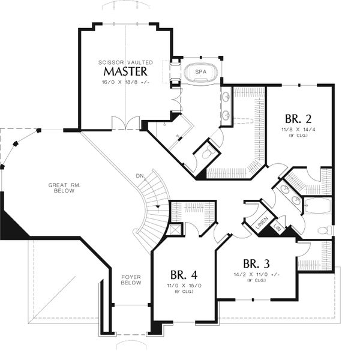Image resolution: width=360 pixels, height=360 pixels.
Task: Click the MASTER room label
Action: [x=125, y=71]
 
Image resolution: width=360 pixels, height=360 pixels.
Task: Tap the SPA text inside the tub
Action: [x=200, y=72]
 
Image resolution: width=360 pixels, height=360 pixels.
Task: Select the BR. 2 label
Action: [x=298, y=119]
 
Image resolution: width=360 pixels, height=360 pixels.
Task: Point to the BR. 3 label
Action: [x=256, y=264]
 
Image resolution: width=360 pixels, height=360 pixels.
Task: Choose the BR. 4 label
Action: [x=184, y=275]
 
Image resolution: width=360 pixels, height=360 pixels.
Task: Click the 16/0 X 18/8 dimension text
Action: [x=125, y=82]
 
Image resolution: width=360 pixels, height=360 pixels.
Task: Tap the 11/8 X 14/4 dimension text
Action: [x=298, y=130]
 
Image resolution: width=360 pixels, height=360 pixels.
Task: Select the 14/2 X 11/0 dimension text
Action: [x=256, y=274]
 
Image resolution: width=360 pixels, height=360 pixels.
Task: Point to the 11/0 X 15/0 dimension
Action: [x=184, y=286]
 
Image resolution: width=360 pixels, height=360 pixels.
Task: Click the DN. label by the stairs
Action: [x=140, y=176]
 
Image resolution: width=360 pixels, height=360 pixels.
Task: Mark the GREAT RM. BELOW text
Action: [x=64, y=188]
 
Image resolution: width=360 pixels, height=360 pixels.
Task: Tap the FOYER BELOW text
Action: [x=131, y=280]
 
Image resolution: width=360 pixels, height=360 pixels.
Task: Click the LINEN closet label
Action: [x=262, y=223]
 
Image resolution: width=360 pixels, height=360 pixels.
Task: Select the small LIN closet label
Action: [x=278, y=227]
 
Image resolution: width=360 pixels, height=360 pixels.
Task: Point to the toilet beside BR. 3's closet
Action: [x=325, y=230]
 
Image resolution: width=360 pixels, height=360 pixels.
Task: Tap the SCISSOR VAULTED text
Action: [x=125, y=62]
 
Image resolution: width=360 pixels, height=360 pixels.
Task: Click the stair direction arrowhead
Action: [x=158, y=206]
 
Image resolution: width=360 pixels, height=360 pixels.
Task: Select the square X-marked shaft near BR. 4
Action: [x=175, y=229]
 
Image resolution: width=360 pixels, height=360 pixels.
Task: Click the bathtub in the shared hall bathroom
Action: [x=318, y=205]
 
